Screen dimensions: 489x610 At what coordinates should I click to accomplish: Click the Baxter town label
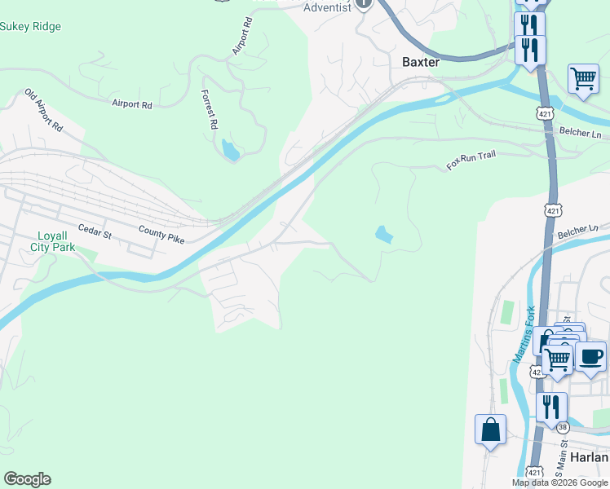421,62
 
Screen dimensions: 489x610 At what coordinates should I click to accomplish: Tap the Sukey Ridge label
30,27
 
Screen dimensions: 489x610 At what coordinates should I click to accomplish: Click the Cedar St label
94,232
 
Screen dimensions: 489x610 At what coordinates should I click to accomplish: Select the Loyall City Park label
53,240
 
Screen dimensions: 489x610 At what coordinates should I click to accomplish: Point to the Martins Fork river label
523,335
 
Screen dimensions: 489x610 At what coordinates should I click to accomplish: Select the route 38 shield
563,427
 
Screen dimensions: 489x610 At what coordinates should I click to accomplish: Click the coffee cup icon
590,356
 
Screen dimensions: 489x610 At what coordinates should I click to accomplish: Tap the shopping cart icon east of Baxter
583,80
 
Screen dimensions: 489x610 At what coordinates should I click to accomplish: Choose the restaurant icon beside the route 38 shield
553,406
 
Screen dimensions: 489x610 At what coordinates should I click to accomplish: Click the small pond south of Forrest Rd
230,150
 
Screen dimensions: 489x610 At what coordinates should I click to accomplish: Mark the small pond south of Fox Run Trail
383,236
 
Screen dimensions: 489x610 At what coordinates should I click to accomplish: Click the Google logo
27,479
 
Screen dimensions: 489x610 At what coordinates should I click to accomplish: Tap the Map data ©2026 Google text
559,482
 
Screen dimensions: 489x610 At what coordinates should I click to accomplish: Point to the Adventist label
326,7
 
